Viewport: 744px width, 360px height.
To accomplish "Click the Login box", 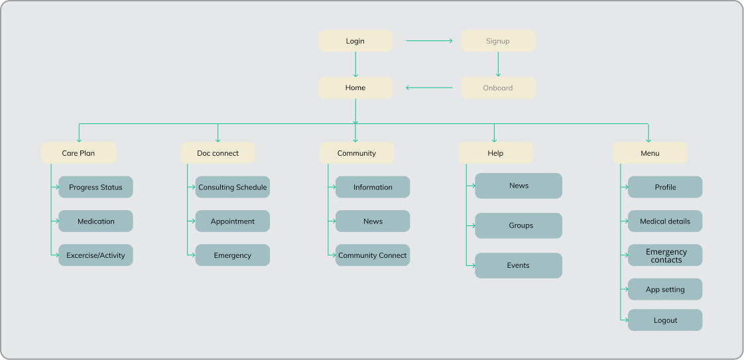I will click(x=355, y=41).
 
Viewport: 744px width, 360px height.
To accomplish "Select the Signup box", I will click(x=498, y=41).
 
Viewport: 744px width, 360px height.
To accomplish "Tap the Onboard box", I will click(x=498, y=88).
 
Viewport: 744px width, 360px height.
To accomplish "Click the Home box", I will click(x=355, y=88).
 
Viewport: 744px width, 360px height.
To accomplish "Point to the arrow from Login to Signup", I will click(x=429, y=41).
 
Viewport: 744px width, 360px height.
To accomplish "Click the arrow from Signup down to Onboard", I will click(x=498, y=64).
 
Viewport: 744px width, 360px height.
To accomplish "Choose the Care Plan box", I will click(x=79, y=153).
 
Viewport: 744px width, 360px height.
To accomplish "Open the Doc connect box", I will click(x=217, y=153).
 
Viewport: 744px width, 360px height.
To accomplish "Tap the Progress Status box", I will click(x=95, y=187).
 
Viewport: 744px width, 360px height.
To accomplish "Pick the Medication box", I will click(x=95, y=221).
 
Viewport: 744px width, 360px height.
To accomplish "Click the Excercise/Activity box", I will click(x=95, y=255).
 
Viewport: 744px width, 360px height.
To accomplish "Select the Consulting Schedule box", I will click(x=233, y=187).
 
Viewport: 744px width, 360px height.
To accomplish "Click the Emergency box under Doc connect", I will click(x=233, y=255).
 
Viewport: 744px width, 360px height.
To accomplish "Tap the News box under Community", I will click(x=373, y=221).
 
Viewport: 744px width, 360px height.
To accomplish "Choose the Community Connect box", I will click(x=373, y=255).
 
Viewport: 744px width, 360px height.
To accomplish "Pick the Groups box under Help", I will click(x=519, y=225).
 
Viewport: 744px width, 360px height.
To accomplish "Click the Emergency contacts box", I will click(x=665, y=255).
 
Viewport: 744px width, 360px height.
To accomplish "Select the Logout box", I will click(x=665, y=320).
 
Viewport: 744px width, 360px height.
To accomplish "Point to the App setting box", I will click(x=665, y=290).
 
